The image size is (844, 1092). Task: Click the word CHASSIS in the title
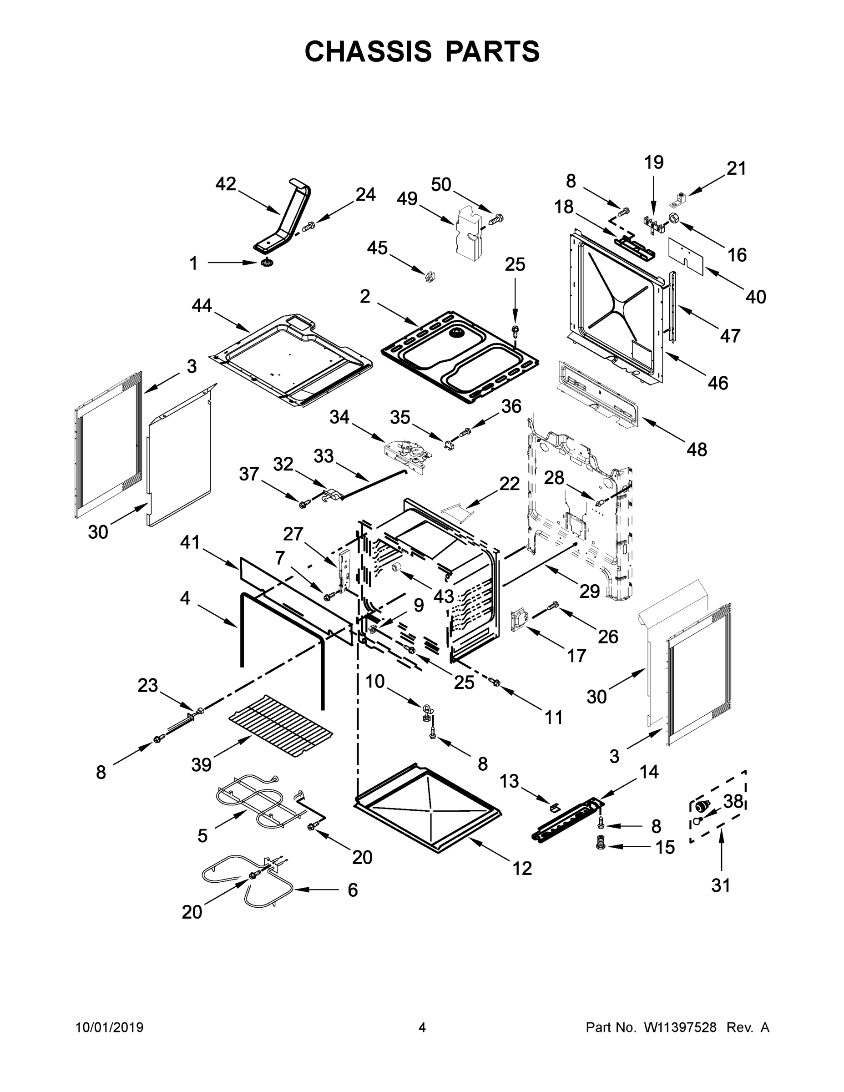point(368,51)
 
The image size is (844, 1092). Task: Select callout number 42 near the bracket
point(226,184)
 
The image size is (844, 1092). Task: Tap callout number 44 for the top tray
point(202,305)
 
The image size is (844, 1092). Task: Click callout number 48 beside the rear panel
point(697,449)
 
